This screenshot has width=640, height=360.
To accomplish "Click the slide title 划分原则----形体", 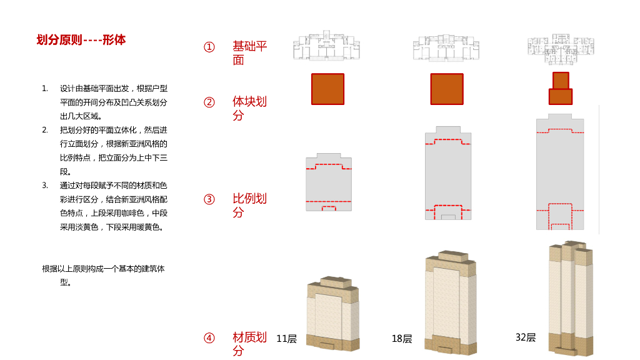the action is pyautogui.click(x=81, y=40).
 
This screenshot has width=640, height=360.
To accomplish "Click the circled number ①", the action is pyautogui.click(x=209, y=47).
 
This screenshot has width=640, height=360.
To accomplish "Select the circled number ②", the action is pyautogui.click(x=209, y=102).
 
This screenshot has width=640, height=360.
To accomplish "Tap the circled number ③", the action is pyautogui.click(x=209, y=200).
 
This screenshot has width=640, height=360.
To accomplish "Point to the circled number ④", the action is pyautogui.click(x=209, y=338).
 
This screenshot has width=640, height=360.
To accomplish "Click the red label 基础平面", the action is pyautogui.click(x=249, y=53).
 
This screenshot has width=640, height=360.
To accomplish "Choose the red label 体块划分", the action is pyautogui.click(x=249, y=108).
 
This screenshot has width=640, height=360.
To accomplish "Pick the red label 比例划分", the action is pyautogui.click(x=249, y=205).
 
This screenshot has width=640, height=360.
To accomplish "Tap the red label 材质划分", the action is pyautogui.click(x=249, y=344).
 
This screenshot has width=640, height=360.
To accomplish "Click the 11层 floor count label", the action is pyautogui.click(x=286, y=339).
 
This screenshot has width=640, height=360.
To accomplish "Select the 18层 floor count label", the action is pyautogui.click(x=402, y=339).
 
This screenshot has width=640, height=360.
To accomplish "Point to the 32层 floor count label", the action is pyautogui.click(x=526, y=337).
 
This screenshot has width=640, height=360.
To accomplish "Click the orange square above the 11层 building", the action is pyautogui.click(x=327, y=89).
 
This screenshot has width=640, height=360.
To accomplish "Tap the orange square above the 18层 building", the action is pyautogui.click(x=447, y=89).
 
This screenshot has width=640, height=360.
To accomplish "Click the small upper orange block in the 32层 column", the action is pyautogui.click(x=561, y=81).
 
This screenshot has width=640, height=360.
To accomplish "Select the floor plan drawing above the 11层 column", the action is pyautogui.click(x=326, y=46).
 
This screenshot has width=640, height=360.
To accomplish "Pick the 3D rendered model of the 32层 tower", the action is pyautogui.click(x=570, y=297).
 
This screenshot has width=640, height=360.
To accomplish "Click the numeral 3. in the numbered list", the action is pyautogui.click(x=45, y=186).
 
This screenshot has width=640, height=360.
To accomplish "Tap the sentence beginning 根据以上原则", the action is pyautogui.click(x=104, y=269).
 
